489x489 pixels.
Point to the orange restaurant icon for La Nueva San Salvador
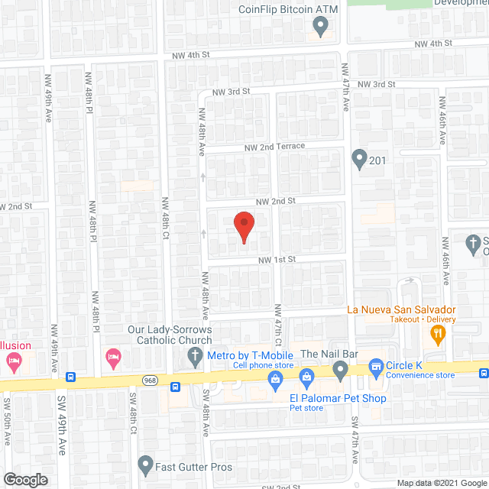click(438, 332)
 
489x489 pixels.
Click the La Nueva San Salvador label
click(401, 309)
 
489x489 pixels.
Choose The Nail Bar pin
click(340, 371)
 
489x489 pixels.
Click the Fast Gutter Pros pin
click(145, 463)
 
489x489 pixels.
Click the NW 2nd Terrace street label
click(274, 146)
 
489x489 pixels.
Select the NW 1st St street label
click(277, 260)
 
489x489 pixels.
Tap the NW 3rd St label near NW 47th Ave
click(377, 84)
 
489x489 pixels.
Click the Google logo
click(24, 480)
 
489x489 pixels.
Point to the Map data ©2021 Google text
click(441, 483)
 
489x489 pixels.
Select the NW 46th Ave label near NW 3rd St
click(442, 126)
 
